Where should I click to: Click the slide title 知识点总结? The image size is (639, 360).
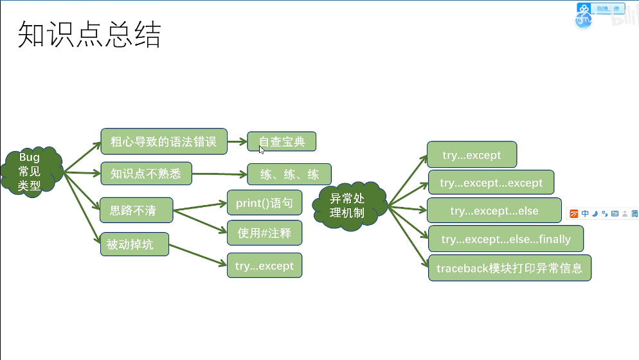coord(89,35)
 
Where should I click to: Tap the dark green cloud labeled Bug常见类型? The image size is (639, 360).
coord(30,172)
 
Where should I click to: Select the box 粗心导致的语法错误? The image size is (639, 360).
coord(164,141)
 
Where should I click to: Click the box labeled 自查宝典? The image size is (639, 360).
coord(282,141)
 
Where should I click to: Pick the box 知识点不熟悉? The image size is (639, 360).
coord(146,174)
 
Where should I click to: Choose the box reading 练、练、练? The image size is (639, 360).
coord(289,174)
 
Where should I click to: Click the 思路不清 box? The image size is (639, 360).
coord(136,210)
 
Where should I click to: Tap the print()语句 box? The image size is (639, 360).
coord(264,203)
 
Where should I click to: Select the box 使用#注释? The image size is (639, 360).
coord(264,233)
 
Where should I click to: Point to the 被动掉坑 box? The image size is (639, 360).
coord(134,244)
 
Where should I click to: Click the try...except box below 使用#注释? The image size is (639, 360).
coord(264,265)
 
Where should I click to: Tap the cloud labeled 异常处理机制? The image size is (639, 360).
coord(350,205)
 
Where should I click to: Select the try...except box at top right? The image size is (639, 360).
coord(471,155)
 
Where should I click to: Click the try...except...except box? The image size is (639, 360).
coord(491,183)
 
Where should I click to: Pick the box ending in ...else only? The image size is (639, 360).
coord(494,211)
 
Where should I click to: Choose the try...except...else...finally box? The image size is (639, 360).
coord(505,239)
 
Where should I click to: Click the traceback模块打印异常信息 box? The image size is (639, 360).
coord(509,268)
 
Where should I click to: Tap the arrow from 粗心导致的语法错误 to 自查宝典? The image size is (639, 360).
coord(237,141)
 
